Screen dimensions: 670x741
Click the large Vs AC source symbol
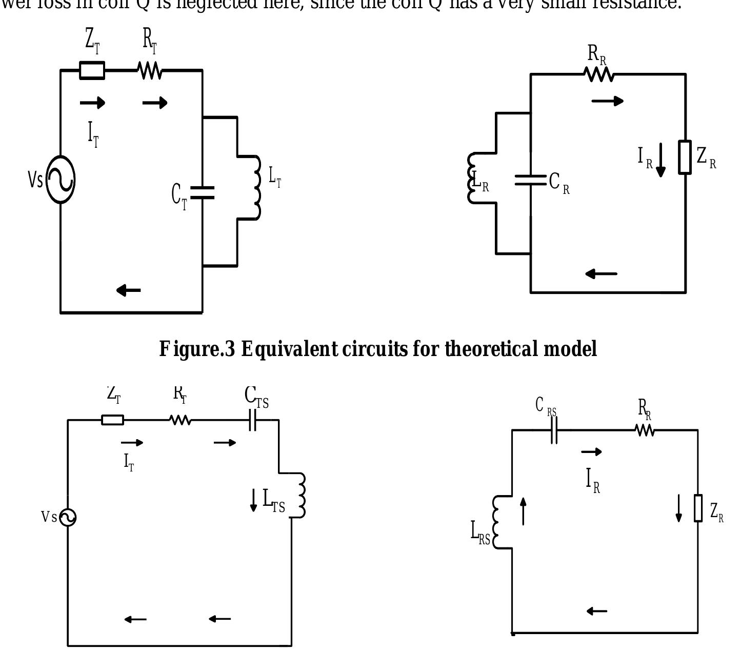pyautogui.click(x=61, y=180)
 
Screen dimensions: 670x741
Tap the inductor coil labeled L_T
pyautogui.click(x=256, y=187)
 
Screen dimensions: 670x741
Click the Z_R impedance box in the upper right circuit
pyautogui.click(x=685, y=157)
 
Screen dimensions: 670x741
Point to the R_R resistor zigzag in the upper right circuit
pyautogui.click(x=599, y=75)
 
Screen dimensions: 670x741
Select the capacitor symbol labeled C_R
pyautogui.click(x=531, y=180)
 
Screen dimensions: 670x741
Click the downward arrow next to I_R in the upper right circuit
pyautogui.click(x=660, y=161)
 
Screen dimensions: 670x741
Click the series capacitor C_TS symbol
pyautogui.click(x=252, y=420)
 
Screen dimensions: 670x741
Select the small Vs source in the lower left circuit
pyautogui.click(x=68, y=517)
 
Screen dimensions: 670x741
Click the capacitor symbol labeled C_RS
pyautogui.click(x=554, y=430)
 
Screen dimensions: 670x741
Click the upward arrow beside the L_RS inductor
pyautogui.click(x=523, y=511)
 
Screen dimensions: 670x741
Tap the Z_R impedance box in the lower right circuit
pyautogui.click(x=698, y=508)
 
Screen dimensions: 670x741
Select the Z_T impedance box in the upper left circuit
pyautogui.click(x=92, y=70)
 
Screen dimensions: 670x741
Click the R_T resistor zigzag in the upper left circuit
pyautogui.click(x=150, y=71)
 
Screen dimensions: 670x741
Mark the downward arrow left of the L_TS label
pyautogui.click(x=253, y=500)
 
